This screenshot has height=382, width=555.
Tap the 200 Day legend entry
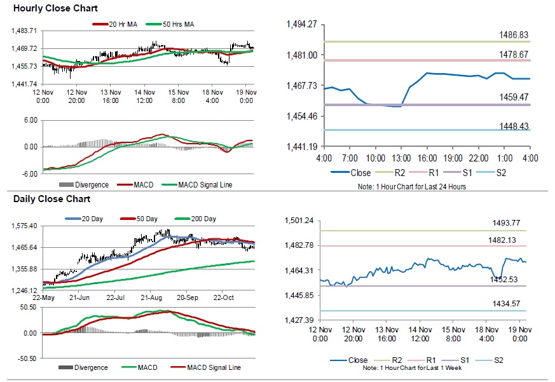click(x=202, y=219)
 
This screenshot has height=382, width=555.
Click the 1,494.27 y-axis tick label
click(x=303, y=24)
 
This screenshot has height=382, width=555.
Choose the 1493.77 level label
click(x=507, y=222)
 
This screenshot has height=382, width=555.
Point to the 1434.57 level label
click(x=507, y=303)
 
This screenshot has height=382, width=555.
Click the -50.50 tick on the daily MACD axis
click(x=25, y=358)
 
